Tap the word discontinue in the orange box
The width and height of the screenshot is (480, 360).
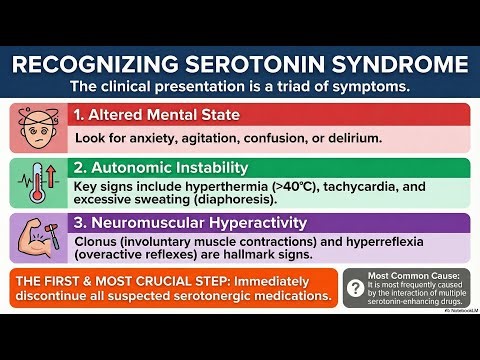(x=56, y=296)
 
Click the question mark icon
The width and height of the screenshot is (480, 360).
(x=354, y=289)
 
